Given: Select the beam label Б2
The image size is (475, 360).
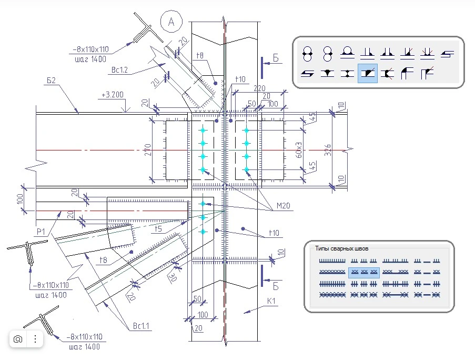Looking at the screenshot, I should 51,81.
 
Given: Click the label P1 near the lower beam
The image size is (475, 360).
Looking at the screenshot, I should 42,231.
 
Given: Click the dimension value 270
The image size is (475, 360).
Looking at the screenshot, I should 147,150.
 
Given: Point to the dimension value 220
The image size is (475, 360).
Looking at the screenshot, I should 259,89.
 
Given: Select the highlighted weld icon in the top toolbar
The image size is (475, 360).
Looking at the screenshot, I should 367,74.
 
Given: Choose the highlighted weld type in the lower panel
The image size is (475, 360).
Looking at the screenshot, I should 364,272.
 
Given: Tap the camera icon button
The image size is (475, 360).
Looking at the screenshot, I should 18,339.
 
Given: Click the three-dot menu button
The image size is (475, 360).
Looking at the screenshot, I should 35,339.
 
